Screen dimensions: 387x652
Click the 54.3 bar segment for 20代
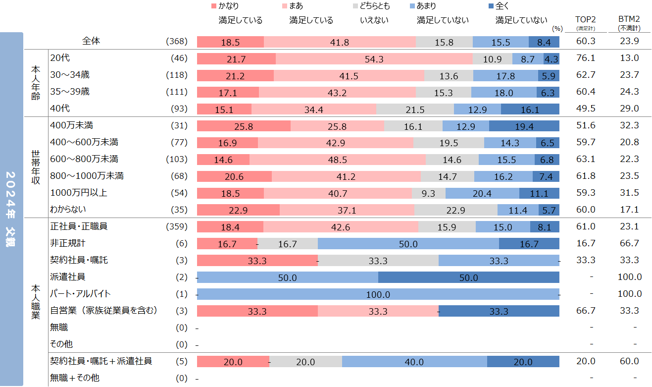click(374, 59)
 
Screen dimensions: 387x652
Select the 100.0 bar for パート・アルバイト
click(378, 295)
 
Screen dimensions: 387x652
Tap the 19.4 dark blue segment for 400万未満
click(524, 126)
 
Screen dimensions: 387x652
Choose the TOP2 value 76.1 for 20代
click(586, 58)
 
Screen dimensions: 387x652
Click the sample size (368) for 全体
click(177, 42)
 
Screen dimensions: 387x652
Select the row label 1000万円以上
click(79, 193)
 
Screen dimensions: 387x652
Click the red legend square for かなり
click(214, 6)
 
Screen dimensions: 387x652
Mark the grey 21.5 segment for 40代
click(415, 110)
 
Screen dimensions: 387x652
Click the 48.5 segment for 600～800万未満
click(337, 160)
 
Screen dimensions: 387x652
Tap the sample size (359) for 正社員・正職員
click(177, 227)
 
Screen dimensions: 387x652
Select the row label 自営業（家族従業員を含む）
click(104, 311)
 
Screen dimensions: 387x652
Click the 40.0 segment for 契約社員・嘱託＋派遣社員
click(414, 362)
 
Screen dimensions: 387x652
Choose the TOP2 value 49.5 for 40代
click(586, 109)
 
